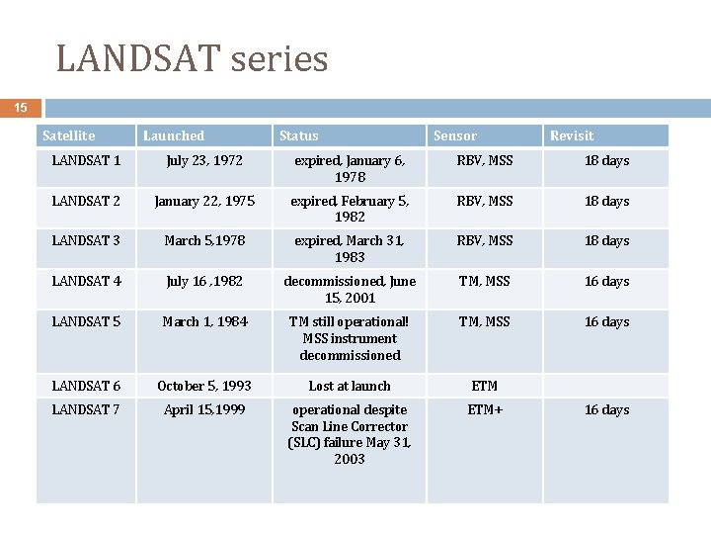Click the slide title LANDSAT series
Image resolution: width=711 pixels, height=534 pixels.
click(x=192, y=59)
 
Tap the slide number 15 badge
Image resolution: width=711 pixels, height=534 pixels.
click(x=21, y=108)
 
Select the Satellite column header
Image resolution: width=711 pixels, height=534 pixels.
click(x=69, y=135)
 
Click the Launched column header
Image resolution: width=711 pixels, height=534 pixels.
click(x=174, y=135)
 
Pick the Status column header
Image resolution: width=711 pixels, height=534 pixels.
click(x=299, y=135)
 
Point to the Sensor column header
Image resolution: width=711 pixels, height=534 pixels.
click(x=454, y=135)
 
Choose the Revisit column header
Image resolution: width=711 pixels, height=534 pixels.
click(x=572, y=135)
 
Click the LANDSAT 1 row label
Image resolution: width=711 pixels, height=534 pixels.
click(x=86, y=160)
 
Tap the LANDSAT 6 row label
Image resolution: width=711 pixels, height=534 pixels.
click(x=86, y=386)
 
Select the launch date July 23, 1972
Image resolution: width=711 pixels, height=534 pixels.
click(x=204, y=160)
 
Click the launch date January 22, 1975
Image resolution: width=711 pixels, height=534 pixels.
click(x=204, y=201)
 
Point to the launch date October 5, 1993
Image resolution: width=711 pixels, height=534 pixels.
click(x=204, y=386)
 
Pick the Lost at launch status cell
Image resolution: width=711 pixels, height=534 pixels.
click(x=350, y=386)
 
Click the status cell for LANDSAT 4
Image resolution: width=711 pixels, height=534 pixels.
click(x=350, y=289)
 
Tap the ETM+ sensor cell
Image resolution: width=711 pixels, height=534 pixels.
click(x=485, y=409)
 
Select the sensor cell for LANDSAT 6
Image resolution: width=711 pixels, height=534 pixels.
click(x=485, y=386)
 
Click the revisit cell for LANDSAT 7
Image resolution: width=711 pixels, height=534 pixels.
click(x=606, y=409)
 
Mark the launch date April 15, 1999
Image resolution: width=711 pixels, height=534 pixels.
click(x=204, y=409)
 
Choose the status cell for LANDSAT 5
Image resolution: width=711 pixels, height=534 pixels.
click(x=350, y=338)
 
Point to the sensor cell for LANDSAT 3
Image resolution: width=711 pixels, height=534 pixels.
click(x=485, y=240)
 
